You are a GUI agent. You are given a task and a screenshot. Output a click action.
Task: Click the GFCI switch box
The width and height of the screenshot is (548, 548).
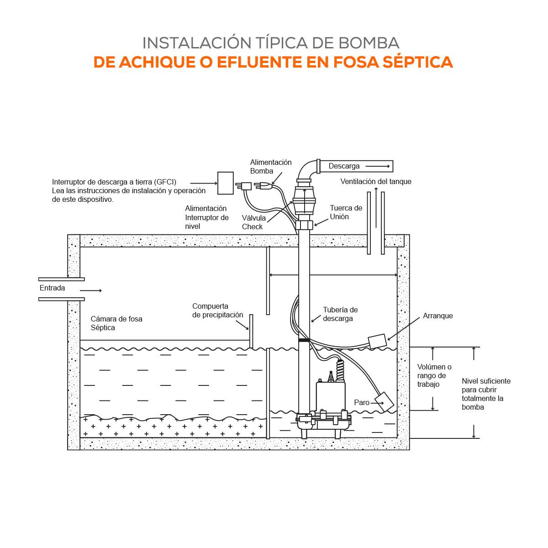[225, 183]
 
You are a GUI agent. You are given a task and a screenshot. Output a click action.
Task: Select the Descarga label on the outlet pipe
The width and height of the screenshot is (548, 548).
[344, 166]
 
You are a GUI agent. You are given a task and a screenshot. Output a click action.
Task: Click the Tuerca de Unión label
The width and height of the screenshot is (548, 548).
[346, 212]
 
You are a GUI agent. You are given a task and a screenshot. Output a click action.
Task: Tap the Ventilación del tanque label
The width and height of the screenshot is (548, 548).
[375, 181]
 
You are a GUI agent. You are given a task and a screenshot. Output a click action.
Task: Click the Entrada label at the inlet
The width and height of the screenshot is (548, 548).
[52, 288]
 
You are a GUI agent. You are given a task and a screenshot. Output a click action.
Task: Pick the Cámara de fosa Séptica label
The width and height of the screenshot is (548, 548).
[116, 323]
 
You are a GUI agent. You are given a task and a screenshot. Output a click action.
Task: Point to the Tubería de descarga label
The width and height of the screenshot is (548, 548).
[340, 314]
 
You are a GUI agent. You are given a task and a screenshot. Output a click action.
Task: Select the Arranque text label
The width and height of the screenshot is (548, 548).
[437, 316]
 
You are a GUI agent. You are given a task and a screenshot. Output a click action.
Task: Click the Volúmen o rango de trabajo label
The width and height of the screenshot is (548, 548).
[434, 375]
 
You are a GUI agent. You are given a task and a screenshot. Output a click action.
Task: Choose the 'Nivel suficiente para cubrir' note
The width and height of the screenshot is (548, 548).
[486, 394]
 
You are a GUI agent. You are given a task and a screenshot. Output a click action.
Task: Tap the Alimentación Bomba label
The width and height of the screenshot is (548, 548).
[270, 167]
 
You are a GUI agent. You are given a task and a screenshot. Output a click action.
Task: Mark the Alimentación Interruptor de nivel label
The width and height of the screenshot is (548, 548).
[206, 217]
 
